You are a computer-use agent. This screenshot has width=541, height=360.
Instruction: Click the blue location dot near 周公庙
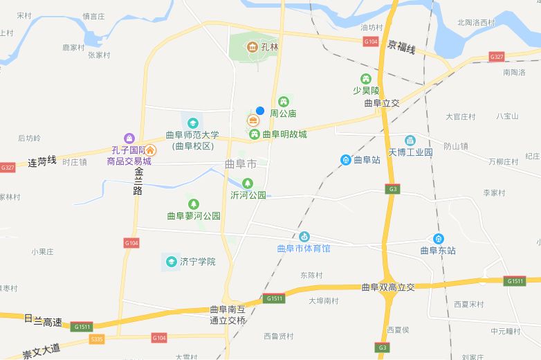point(260,110)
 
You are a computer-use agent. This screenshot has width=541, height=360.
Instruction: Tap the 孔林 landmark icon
point(253,47)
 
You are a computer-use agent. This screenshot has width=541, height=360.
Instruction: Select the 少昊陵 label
point(366,91)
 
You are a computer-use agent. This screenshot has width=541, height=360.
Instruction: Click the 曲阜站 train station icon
point(345,160)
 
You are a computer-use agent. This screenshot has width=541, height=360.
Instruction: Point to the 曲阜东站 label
point(438,251)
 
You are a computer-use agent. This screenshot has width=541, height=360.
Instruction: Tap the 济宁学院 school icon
point(170,261)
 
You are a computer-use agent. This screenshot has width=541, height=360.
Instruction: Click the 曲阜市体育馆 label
point(304,248)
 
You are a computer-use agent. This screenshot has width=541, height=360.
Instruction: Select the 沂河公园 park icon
point(247,183)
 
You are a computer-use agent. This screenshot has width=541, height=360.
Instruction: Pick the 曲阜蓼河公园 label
point(194,216)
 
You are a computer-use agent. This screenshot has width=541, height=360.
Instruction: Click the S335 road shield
point(97,339)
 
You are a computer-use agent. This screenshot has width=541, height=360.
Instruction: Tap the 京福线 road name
point(401,48)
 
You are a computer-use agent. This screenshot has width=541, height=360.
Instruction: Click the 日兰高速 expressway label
point(43,321)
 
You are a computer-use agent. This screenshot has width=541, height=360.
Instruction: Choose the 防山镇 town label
point(456,146)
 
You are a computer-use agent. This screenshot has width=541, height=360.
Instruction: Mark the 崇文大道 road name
point(41,346)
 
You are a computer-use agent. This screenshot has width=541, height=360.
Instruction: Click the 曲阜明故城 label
point(284,134)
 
